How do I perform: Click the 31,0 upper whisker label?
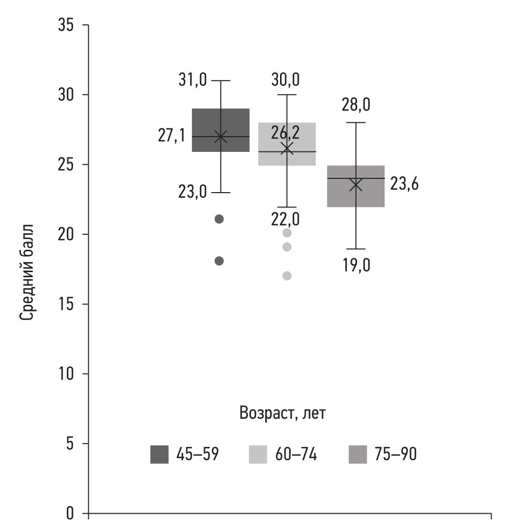coord(192,81)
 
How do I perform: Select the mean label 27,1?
coord(171,137)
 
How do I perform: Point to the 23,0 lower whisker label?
coord(192,193)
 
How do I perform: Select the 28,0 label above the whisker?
coord(356,106)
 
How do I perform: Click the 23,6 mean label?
coord(405,184)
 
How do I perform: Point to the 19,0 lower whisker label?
coord(356,266)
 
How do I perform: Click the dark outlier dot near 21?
coord(219,219)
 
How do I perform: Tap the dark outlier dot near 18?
coord(219,261)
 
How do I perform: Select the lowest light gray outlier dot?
coord(287,276)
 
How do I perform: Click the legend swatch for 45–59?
coord(159,454)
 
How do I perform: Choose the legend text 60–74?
coord(296,454)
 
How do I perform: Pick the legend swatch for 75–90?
coord(358,454)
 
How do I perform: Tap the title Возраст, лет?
coord(283,413)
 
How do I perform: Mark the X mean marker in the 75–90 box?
coord(356,184)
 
